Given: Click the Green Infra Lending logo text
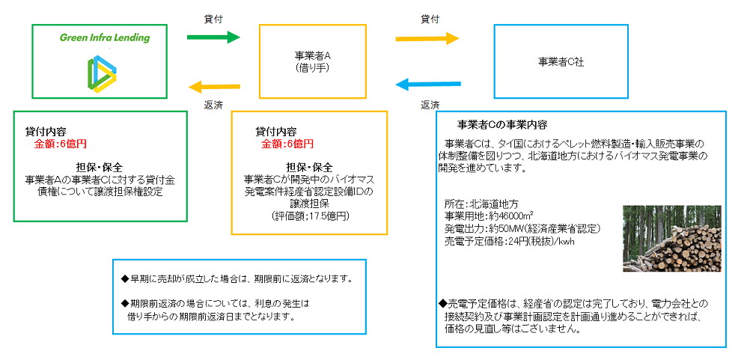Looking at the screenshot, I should pos(105,37).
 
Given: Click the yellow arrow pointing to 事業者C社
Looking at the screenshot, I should pos(427,37).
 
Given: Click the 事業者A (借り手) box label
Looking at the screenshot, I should pos(313,61).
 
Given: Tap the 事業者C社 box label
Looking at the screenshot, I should pos(561,62).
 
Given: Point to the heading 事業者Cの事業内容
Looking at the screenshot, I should pos(501,124).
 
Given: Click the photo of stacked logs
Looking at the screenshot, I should pos(671,238).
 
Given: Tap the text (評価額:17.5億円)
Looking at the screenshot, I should pos(309,215).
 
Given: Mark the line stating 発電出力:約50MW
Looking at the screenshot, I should pos(522,228).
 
